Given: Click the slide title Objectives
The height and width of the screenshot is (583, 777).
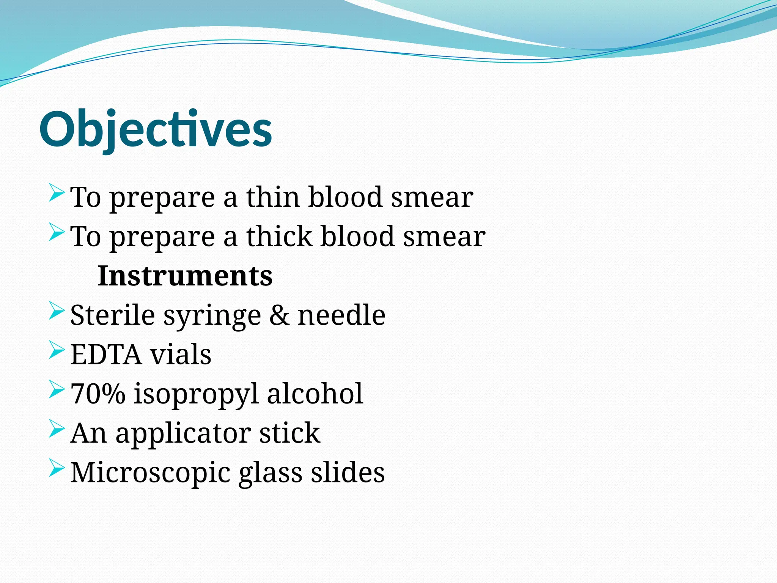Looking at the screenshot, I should pyautogui.click(x=156, y=129).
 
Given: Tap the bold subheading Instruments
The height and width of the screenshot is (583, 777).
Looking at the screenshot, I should pyautogui.click(x=185, y=276).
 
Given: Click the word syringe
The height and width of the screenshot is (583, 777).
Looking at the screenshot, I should pyautogui.click(x=212, y=316).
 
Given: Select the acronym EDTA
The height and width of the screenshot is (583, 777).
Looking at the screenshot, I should pyautogui.click(x=106, y=355).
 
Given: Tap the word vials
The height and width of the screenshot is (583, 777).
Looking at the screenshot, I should pyautogui.click(x=181, y=355).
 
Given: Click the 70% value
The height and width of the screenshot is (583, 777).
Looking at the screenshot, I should pyautogui.click(x=98, y=394).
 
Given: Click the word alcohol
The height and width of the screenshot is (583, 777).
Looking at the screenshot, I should pyautogui.click(x=315, y=394).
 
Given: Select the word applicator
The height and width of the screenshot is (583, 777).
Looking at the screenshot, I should pyautogui.click(x=183, y=434).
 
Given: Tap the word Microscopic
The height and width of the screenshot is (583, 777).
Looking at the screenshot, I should pyautogui.click(x=150, y=473).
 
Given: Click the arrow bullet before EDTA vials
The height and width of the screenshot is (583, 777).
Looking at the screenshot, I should pyautogui.click(x=57, y=350).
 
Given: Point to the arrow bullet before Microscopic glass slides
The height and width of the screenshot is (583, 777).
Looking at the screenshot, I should pyautogui.click(x=57, y=468).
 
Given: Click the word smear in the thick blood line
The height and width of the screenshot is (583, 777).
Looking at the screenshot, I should pyautogui.click(x=444, y=236).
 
